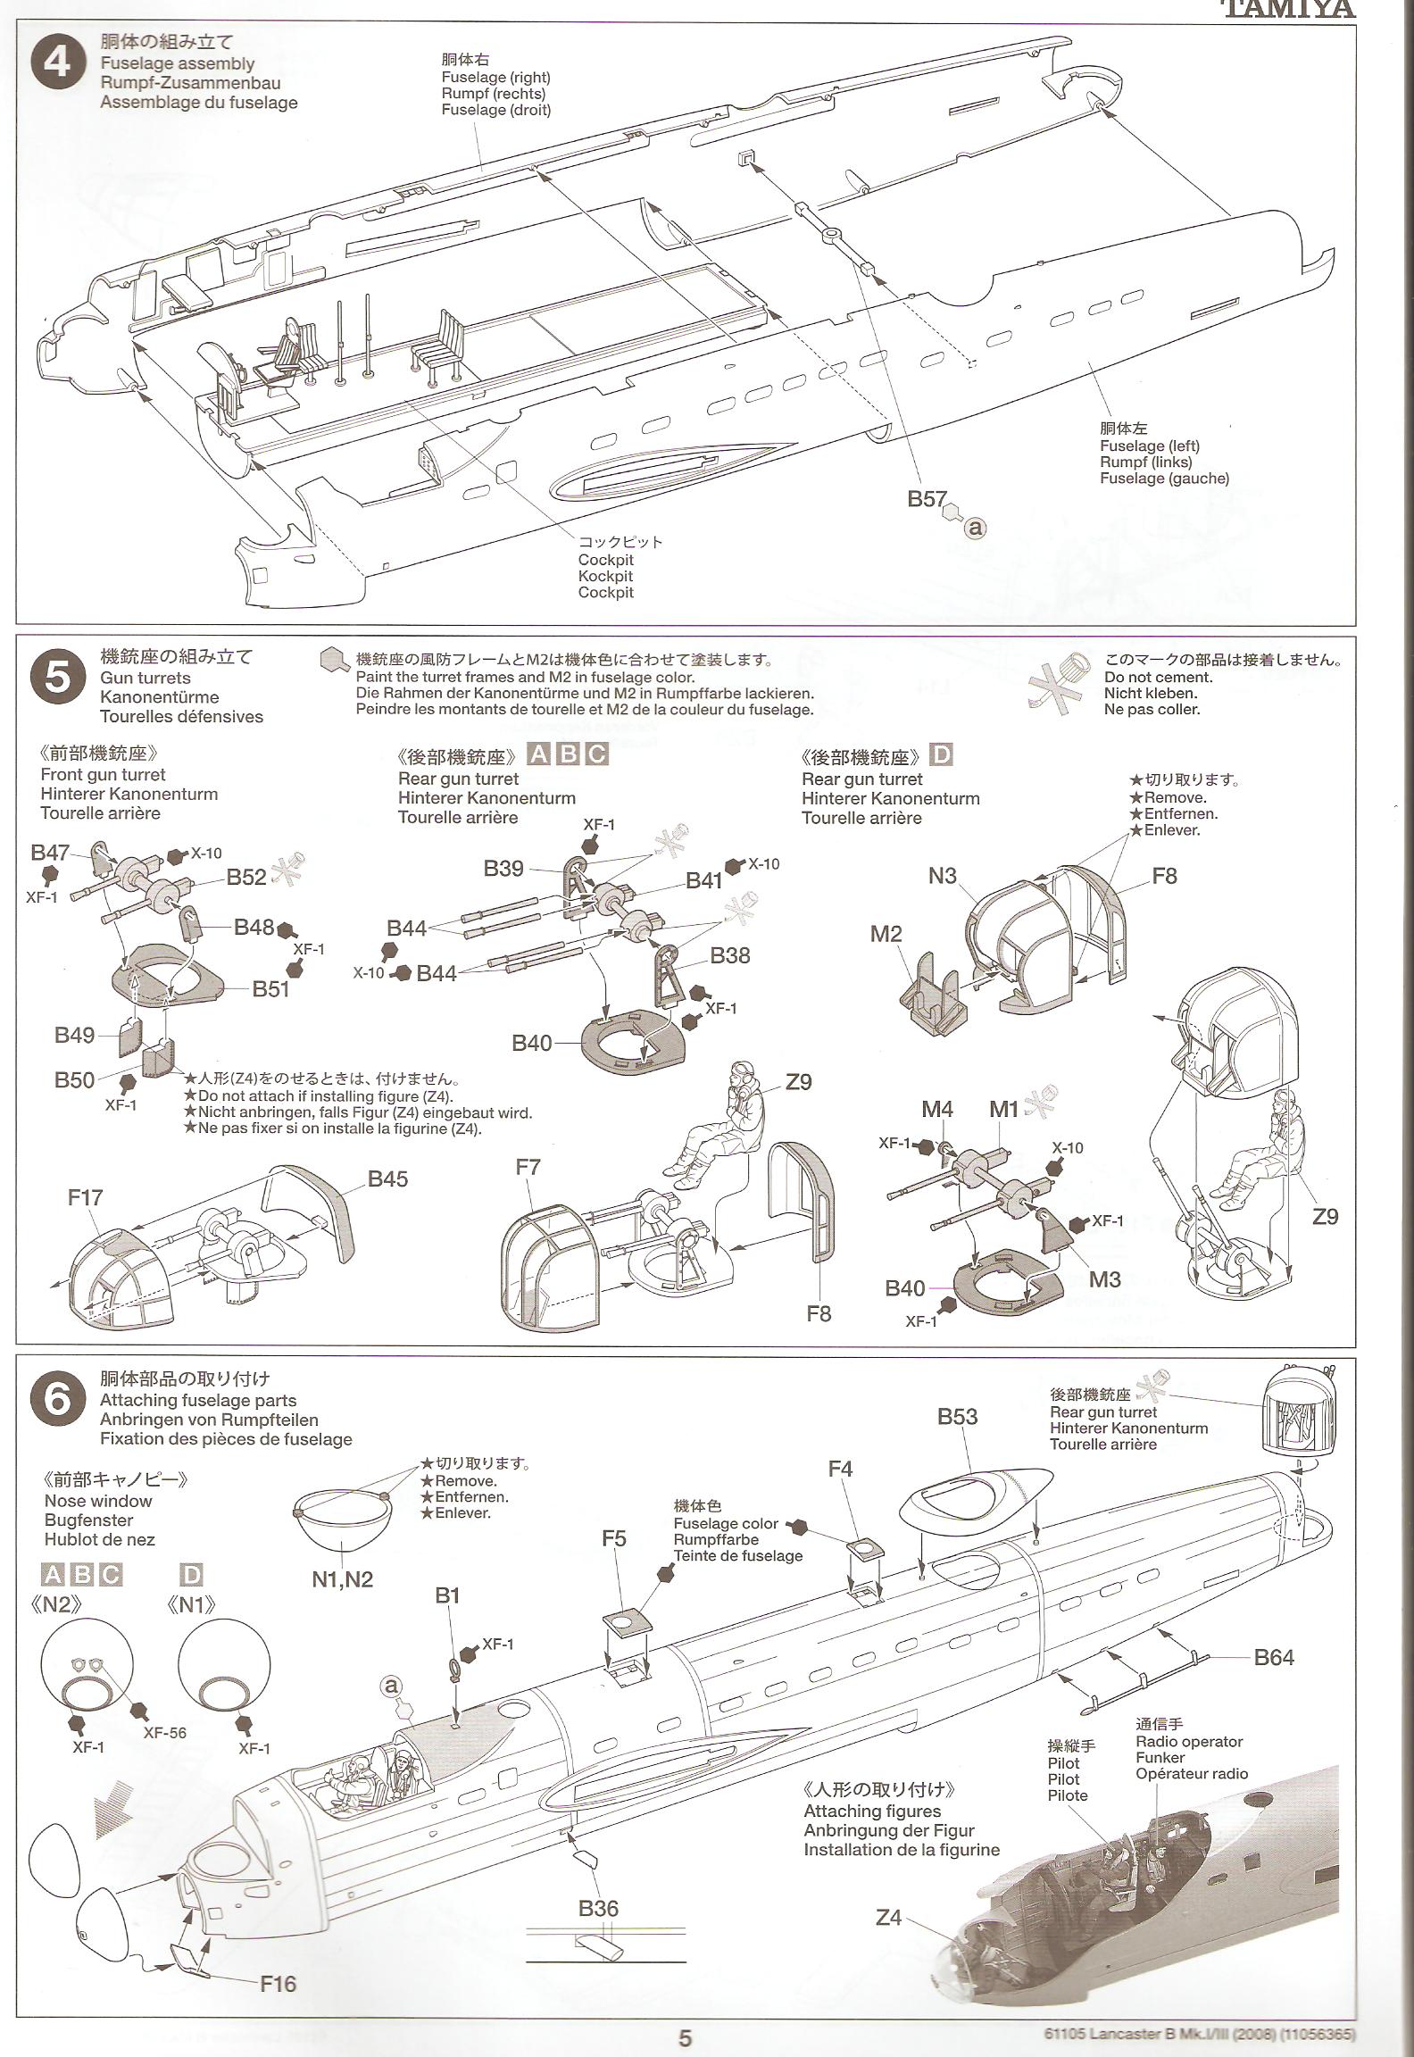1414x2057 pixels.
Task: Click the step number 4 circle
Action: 57,64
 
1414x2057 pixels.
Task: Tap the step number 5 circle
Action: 57,679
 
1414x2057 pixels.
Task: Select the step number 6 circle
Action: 57,1400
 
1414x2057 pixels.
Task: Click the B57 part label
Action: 927,499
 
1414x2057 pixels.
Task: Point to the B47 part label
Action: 50,853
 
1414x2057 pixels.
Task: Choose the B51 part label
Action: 270,988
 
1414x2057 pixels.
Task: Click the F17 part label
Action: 86,1196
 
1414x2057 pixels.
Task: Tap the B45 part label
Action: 387,1178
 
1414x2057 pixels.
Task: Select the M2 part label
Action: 886,934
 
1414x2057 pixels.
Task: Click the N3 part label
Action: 942,876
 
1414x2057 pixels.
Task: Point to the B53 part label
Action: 957,1416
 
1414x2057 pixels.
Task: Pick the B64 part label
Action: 1274,1658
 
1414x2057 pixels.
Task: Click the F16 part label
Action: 278,1985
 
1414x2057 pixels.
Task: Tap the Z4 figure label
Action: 888,1917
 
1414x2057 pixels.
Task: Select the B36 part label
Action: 598,1909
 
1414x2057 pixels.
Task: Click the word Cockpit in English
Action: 605,560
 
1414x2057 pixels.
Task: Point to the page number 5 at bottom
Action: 686,2037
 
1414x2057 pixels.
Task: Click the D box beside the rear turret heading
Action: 941,755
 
